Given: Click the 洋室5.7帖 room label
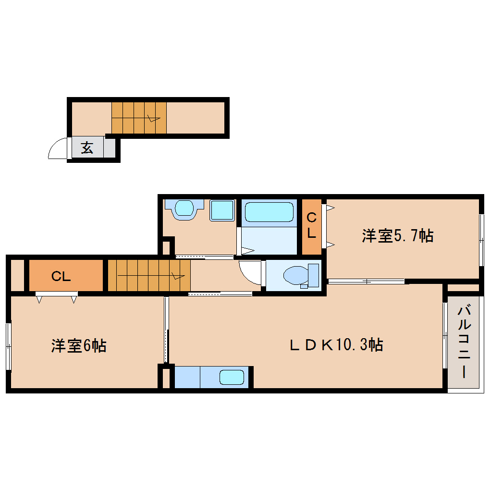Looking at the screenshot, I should click(x=398, y=236).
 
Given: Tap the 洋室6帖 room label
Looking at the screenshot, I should click(x=79, y=345).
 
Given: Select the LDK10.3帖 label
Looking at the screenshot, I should click(x=336, y=345).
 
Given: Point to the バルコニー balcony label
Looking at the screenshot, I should click(x=464, y=342).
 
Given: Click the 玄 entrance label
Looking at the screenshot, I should click(x=87, y=148).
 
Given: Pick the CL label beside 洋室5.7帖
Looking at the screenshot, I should click(x=312, y=226).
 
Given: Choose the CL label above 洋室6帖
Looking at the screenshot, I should click(x=61, y=276).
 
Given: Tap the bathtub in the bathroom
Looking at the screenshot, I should click(x=269, y=212).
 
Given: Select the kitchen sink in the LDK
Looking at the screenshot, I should click(x=232, y=377).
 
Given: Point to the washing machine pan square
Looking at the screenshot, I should click(x=221, y=210).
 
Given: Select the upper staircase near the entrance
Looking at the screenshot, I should click(x=139, y=117).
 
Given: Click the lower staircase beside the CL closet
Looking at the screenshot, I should click(x=148, y=275).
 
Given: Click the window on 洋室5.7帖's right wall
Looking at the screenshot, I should click(x=481, y=239).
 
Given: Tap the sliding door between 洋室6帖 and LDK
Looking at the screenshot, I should click(x=166, y=330).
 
